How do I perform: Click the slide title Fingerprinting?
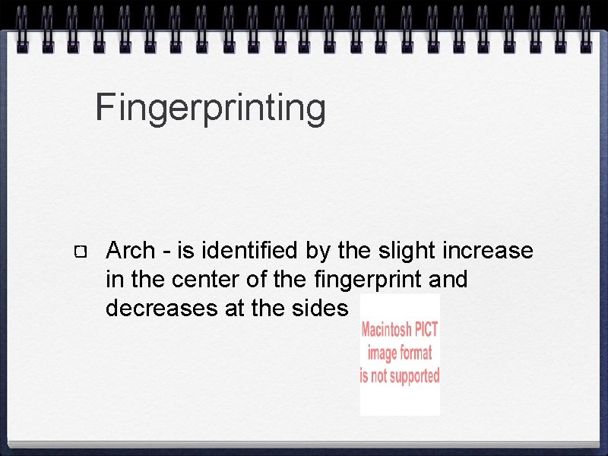click(x=211, y=109)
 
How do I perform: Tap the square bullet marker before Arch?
click(x=82, y=252)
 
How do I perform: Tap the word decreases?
click(x=155, y=309)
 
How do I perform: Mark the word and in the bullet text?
click(x=448, y=280)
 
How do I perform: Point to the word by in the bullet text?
click(x=317, y=250)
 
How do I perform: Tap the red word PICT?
click(x=426, y=331)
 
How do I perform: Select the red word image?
click(x=381, y=353)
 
